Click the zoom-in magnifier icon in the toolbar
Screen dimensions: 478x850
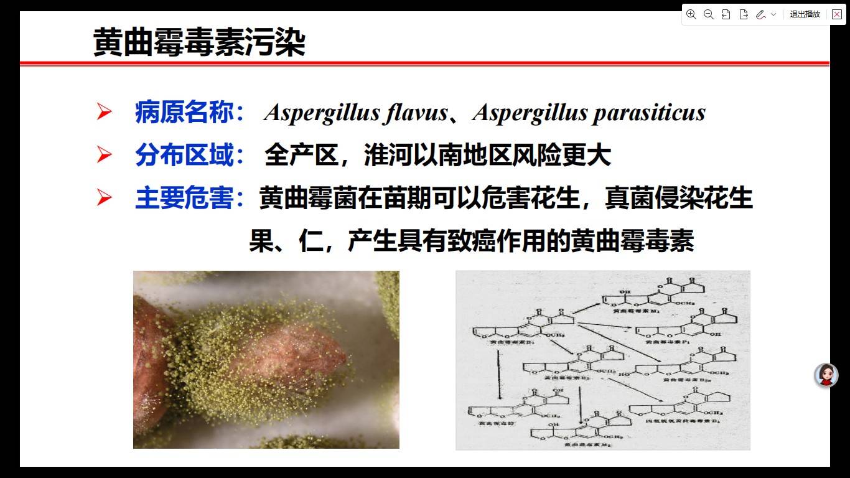[691, 14]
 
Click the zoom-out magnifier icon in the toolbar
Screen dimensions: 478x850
[708, 14]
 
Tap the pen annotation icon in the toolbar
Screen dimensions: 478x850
[760, 14]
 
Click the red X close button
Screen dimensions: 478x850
[837, 14]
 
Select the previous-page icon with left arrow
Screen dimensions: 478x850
[726, 14]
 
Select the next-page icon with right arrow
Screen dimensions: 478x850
[743, 14]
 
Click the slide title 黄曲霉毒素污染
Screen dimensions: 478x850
[199, 43]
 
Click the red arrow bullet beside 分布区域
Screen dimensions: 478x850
[104, 156]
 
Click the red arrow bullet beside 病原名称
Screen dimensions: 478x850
[104, 113]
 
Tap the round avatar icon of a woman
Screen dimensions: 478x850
[826, 375]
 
